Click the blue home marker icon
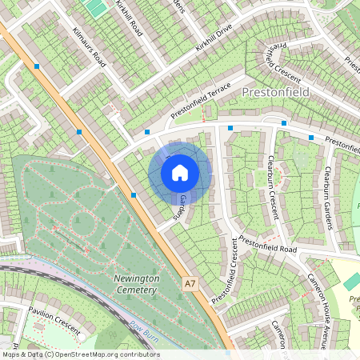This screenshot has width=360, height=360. (180, 173)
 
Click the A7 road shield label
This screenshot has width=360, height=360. (190, 283)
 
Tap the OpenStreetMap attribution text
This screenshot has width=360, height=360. (80, 354)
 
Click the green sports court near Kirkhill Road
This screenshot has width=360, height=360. (97, 8)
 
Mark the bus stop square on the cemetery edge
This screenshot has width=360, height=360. (133, 194)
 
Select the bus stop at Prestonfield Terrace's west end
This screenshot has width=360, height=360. (147, 131)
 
